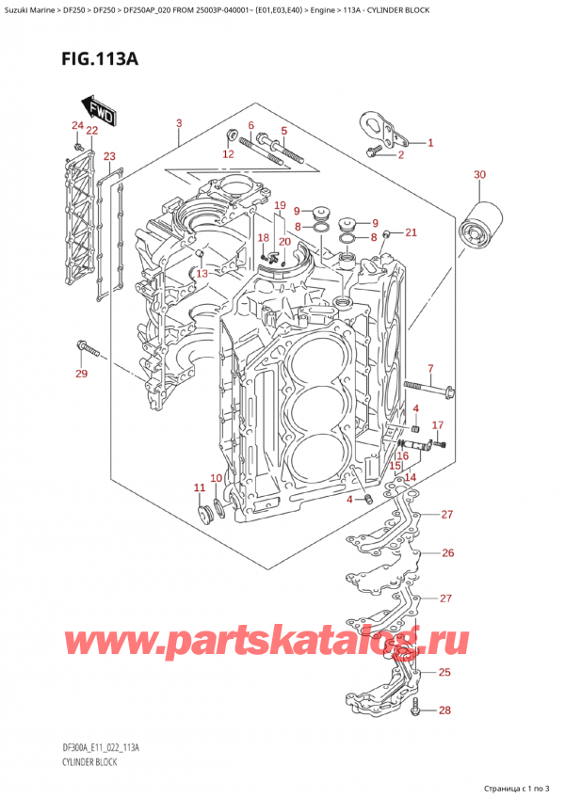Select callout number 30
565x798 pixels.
click(x=480, y=175)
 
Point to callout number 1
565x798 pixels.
click(x=430, y=143)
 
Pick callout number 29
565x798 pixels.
click(x=81, y=375)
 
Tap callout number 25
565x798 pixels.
click(x=445, y=672)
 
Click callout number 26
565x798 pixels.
click(x=447, y=552)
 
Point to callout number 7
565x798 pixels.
click(x=429, y=368)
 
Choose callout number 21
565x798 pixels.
click(x=411, y=232)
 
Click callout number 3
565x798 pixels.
click(x=179, y=123)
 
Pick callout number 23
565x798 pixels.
click(x=110, y=156)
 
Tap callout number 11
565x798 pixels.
click(x=199, y=487)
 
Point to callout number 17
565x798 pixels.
click(x=438, y=425)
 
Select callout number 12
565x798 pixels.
click(x=228, y=153)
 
